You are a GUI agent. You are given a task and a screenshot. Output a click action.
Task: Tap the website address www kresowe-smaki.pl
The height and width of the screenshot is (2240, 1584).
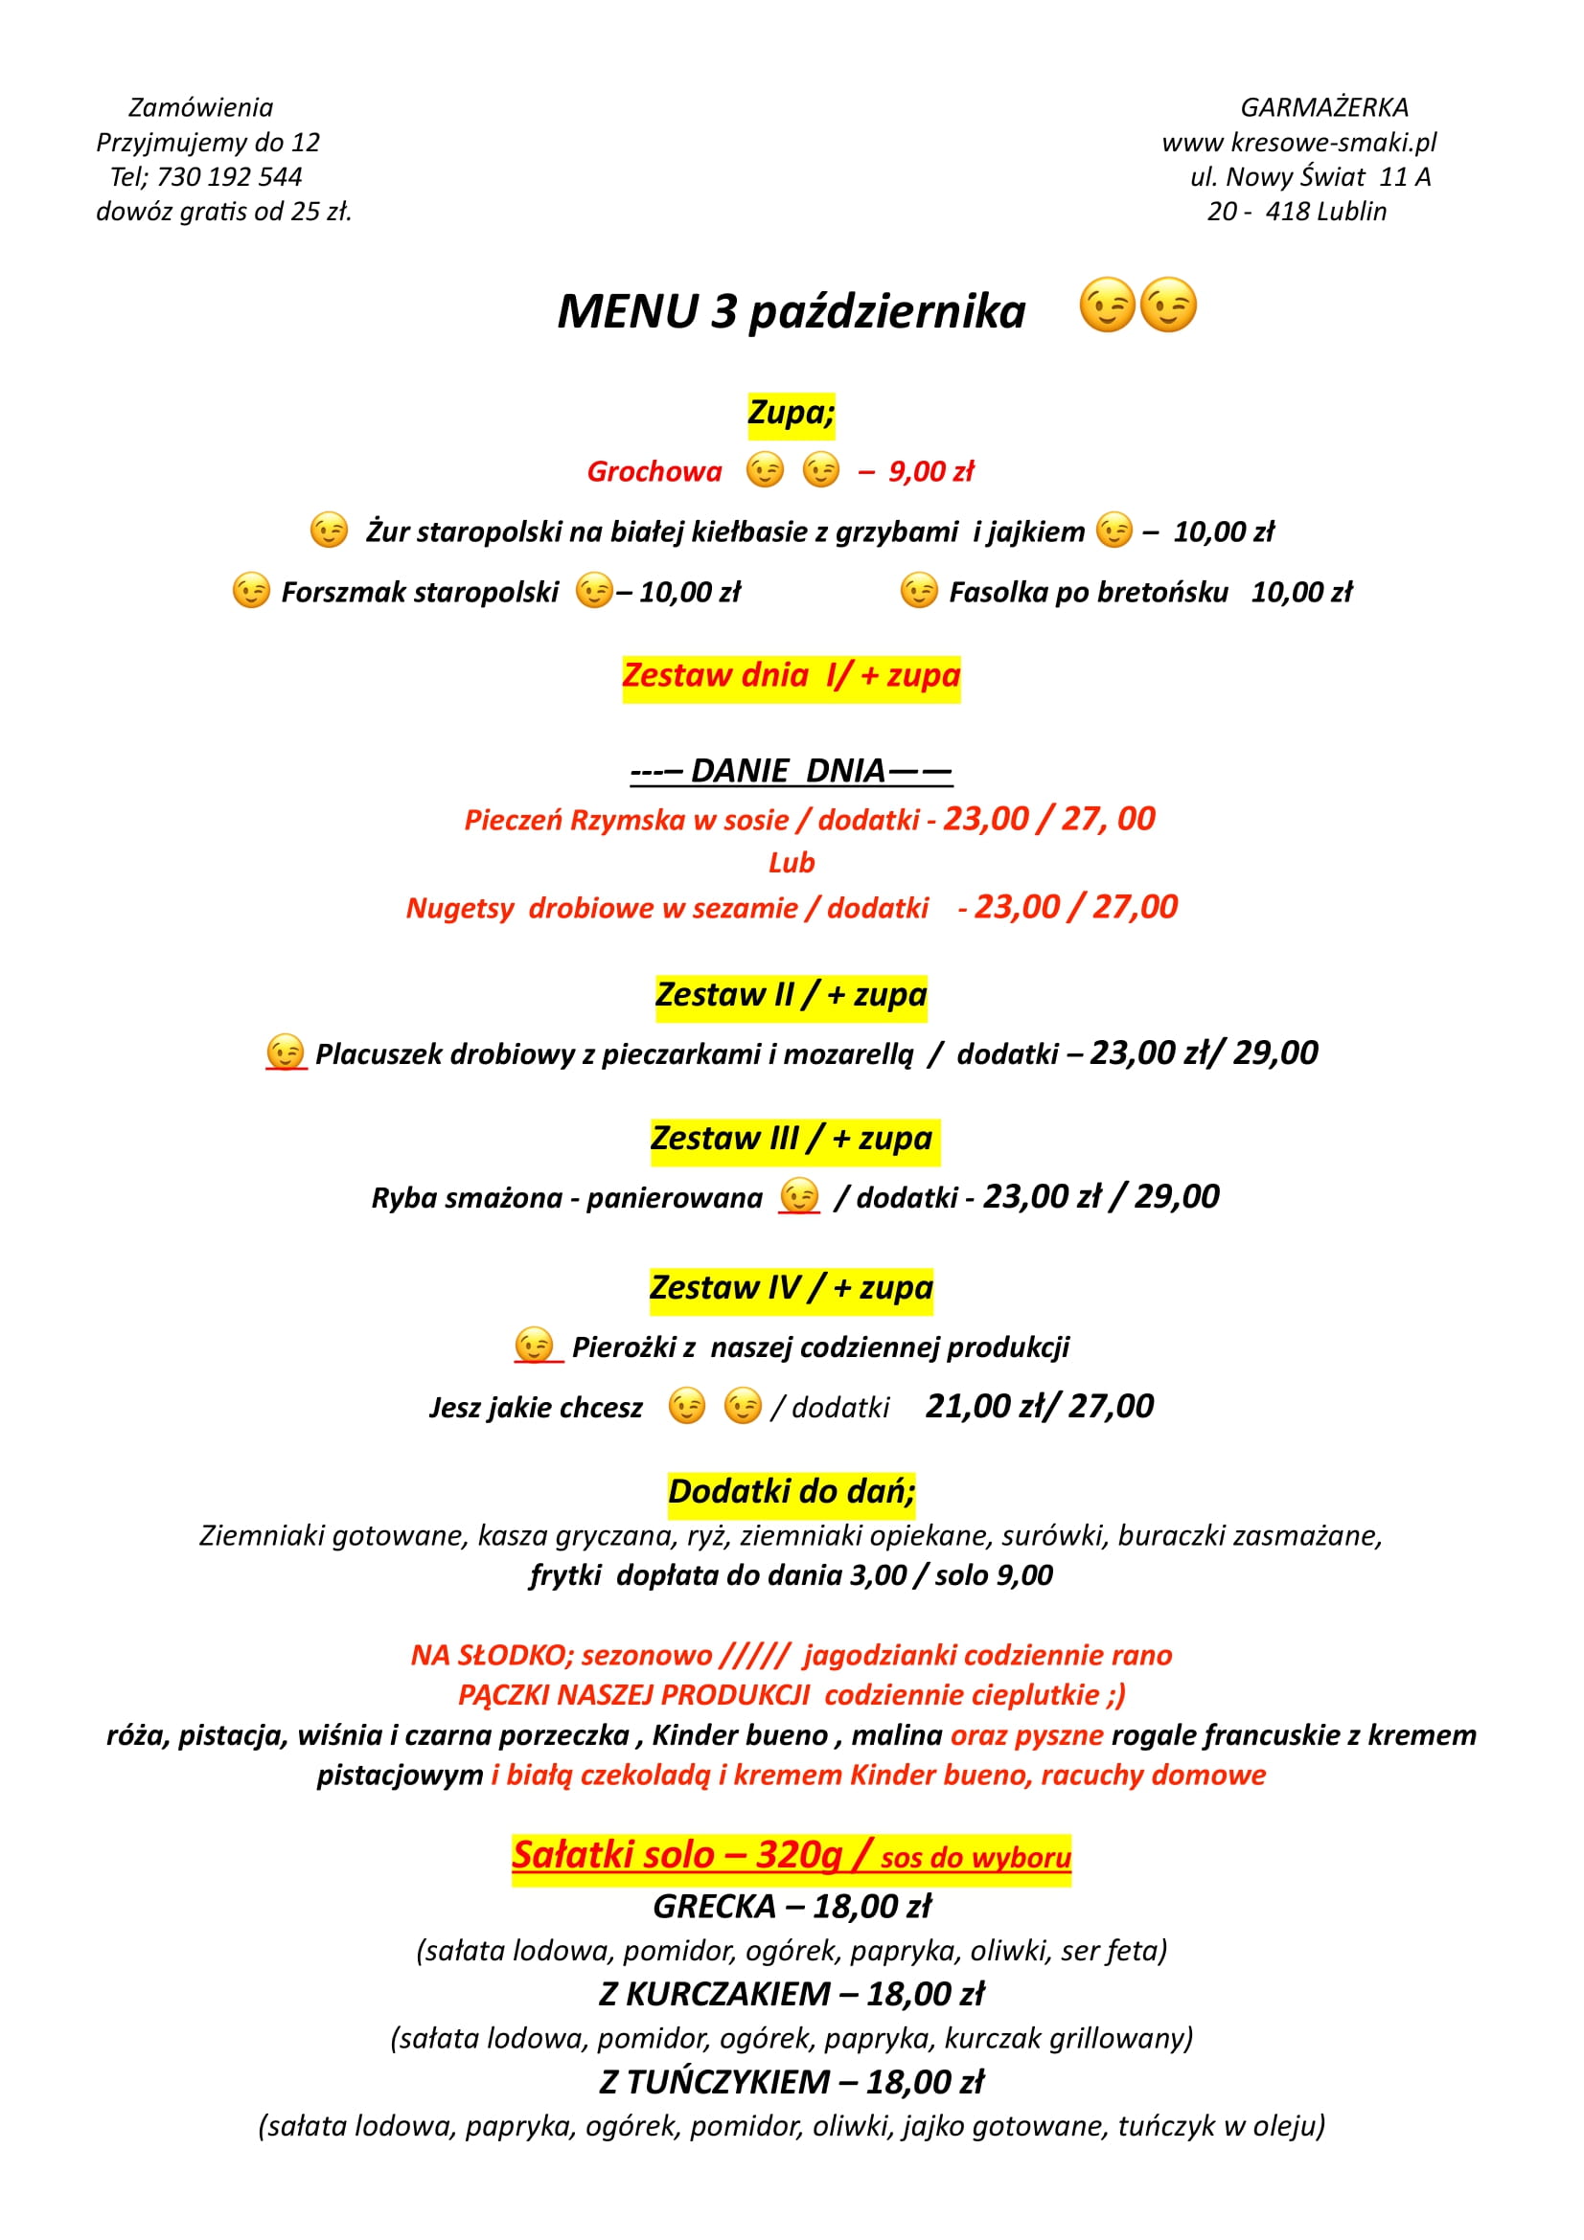(x=1298, y=143)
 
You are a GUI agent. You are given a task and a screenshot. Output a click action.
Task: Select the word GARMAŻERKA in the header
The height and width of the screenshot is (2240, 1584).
(x=1323, y=107)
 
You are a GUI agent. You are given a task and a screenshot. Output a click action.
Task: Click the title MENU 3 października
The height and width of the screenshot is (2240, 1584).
(x=791, y=312)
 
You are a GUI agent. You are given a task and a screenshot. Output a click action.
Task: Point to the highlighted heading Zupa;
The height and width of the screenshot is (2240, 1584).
(x=791, y=413)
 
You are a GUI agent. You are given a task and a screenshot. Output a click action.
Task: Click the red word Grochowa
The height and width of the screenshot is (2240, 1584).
(x=654, y=472)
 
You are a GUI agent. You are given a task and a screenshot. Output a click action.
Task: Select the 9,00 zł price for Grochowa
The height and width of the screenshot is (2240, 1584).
(x=930, y=472)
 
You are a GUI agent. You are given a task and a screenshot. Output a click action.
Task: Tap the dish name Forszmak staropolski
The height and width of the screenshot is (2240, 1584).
(x=420, y=592)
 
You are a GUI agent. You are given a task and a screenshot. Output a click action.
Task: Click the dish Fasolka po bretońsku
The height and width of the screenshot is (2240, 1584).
(x=1089, y=592)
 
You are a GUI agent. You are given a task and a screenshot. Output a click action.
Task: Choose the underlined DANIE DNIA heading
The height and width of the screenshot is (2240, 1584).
(x=791, y=771)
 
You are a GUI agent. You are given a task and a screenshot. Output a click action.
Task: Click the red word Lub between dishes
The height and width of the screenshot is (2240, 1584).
(x=791, y=863)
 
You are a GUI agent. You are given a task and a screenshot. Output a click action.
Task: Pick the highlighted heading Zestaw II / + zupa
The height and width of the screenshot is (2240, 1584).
(x=791, y=995)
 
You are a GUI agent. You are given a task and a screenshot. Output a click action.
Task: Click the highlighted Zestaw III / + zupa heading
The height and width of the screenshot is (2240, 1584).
(x=792, y=1139)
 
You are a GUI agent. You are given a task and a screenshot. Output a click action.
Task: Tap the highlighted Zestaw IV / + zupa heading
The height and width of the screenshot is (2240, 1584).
(x=791, y=1288)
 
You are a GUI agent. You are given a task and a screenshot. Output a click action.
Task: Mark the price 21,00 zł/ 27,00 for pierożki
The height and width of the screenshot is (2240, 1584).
(x=1039, y=1407)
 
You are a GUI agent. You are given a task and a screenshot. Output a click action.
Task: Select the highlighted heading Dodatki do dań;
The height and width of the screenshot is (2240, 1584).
(x=791, y=1492)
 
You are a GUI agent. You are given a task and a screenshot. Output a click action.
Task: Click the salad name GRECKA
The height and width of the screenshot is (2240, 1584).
(x=715, y=1907)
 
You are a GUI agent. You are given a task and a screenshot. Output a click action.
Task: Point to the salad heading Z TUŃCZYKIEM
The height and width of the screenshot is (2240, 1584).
(x=715, y=2082)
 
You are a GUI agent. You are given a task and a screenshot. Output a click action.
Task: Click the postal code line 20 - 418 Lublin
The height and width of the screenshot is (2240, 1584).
(x=1297, y=212)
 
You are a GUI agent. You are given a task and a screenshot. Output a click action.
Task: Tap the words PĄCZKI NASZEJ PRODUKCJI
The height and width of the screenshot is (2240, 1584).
(x=633, y=1695)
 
